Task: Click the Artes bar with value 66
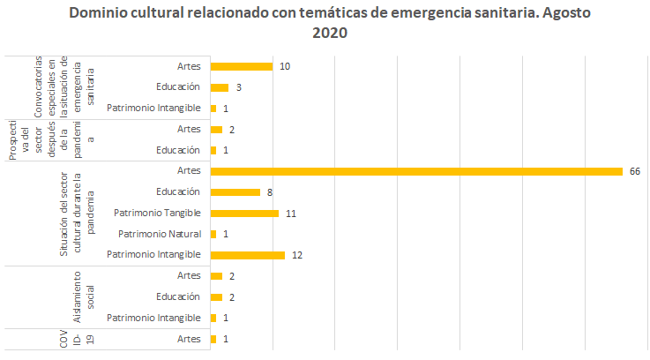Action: pos(416,171)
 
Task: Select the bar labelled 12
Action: pos(248,255)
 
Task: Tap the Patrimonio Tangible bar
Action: pos(244,213)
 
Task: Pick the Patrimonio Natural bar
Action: pos(213,234)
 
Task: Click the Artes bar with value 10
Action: pos(242,66)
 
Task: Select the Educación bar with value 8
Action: pos(235,191)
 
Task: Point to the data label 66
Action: pos(633,171)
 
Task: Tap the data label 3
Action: pos(238,87)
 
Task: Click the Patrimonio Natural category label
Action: pos(160,234)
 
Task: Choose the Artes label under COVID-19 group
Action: pos(189,339)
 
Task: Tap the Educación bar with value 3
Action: pos(220,87)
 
